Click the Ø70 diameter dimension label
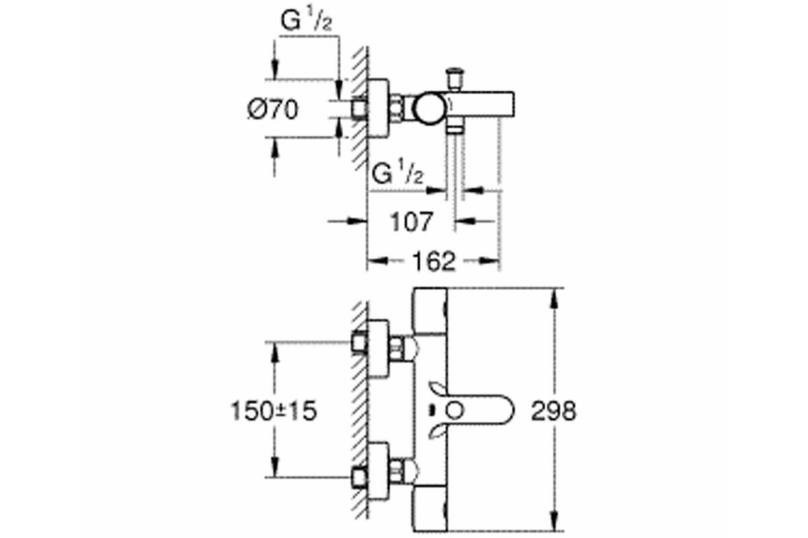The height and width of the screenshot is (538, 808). (273, 110)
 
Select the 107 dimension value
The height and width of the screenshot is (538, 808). (411, 222)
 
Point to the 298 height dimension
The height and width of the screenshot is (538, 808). (553, 410)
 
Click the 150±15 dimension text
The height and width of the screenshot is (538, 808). (274, 411)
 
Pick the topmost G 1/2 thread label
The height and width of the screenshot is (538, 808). (306, 22)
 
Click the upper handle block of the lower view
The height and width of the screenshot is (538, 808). (430, 311)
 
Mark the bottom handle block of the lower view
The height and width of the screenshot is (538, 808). (430, 508)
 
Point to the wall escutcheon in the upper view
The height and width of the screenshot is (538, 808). (378, 108)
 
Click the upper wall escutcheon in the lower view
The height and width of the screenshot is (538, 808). (378, 348)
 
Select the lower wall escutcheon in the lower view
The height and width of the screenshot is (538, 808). (378, 471)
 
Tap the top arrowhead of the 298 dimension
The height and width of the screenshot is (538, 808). (555, 297)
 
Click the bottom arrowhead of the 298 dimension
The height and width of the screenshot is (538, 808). (555, 521)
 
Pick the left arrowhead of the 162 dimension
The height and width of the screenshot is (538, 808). (377, 260)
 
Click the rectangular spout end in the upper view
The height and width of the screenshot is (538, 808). (500, 104)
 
